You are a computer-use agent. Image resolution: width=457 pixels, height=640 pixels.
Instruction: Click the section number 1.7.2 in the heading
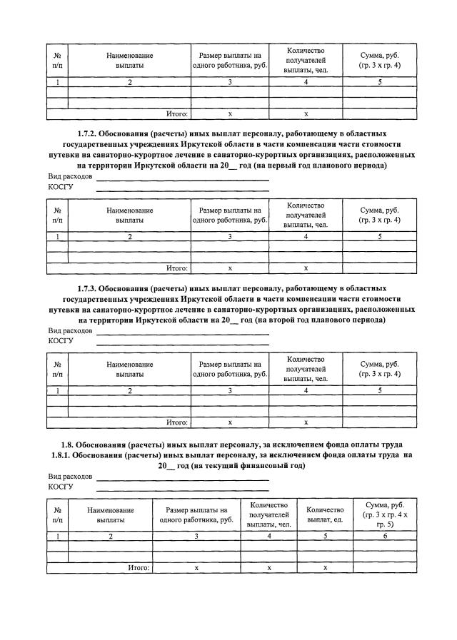pyautogui.click(x=87, y=133)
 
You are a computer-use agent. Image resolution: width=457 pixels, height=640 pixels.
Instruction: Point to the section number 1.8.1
pyautogui.click(x=64, y=454)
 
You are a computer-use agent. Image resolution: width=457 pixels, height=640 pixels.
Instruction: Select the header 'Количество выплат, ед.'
pyautogui.click(x=325, y=514)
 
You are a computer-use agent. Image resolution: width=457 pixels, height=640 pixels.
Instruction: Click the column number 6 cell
pyautogui.click(x=384, y=535)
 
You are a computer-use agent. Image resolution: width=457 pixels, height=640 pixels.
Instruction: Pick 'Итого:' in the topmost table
pyautogui.click(x=176, y=113)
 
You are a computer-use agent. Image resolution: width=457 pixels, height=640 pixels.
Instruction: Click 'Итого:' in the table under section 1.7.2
pyautogui.click(x=176, y=268)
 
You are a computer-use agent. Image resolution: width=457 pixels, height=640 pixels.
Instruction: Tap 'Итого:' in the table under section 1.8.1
pyautogui.click(x=139, y=567)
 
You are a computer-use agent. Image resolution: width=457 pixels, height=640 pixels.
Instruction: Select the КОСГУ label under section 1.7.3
pyautogui.click(x=61, y=341)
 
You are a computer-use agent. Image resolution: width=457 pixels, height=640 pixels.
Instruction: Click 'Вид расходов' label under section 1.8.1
pyautogui.click(x=70, y=476)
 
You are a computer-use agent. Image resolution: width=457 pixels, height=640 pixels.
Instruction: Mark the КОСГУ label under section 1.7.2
pyautogui.click(x=61, y=187)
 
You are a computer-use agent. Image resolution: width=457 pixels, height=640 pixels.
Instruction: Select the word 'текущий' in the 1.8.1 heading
pyautogui.click(x=216, y=465)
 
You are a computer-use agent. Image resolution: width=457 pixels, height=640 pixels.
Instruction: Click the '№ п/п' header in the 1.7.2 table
pyautogui.click(x=57, y=215)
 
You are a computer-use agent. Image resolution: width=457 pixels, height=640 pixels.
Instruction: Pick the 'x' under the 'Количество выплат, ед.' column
pyautogui.click(x=325, y=567)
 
